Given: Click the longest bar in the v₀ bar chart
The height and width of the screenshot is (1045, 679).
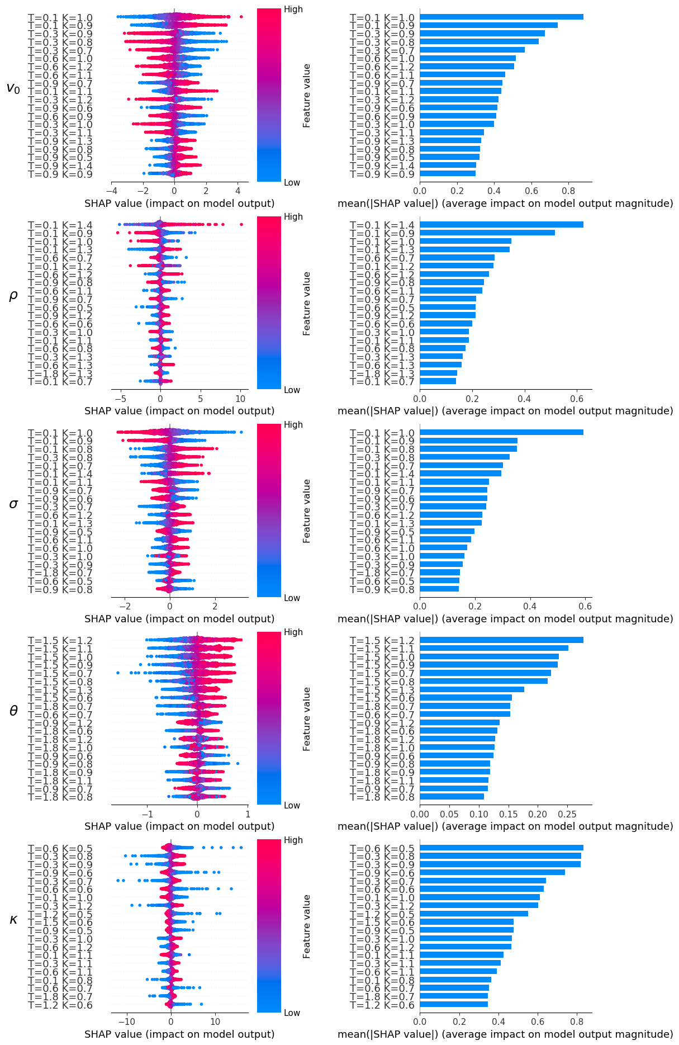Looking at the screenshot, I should click(x=501, y=17).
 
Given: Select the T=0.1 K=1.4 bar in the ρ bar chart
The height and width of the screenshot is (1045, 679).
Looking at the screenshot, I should click(x=501, y=225).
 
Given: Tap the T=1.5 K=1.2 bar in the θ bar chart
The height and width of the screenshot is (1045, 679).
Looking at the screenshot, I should click(x=501, y=640).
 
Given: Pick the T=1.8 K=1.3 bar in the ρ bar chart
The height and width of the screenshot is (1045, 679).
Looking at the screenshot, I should click(x=438, y=373).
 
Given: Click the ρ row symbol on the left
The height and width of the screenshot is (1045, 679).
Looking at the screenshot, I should click(x=13, y=296).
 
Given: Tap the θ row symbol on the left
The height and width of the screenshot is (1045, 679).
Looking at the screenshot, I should click(x=13, y=711).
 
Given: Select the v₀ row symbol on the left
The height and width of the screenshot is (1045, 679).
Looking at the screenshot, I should click(x=13, y=88).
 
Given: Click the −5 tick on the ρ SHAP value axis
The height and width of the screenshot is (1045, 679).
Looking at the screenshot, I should click(x=121, y=399).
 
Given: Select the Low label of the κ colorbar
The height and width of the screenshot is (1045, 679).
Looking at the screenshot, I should click(x=292, y=1013).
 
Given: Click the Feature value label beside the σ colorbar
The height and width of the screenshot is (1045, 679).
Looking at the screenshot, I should click(x=306, y=511).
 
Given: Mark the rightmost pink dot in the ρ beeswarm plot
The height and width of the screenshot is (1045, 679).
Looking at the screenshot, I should click(x=241, y=225).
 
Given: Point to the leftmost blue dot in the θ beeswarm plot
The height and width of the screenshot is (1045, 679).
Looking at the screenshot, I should click(x=117, y=673).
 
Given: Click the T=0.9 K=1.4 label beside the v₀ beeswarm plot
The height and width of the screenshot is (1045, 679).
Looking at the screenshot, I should click(x=60, y=166).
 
